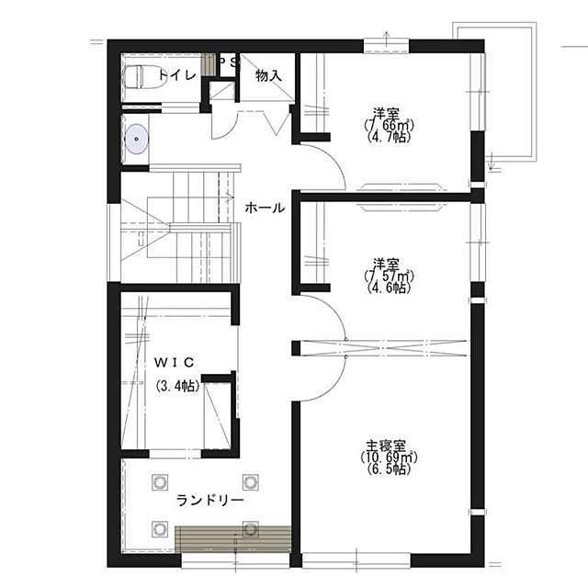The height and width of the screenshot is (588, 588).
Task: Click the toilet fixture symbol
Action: click(144, 77)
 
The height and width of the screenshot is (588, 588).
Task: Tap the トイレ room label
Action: click(177, 75)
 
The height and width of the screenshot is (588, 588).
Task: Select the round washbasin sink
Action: click(137, 139)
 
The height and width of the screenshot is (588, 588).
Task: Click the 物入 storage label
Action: click(268, 76)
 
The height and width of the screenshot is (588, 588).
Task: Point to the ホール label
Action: click(265, 208)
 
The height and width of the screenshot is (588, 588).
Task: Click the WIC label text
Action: click(175, 362)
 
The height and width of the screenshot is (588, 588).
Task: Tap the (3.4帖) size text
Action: click(177, 386)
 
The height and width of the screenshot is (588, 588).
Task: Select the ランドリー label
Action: click(210, 500)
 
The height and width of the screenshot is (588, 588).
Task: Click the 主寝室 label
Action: click(386, 447)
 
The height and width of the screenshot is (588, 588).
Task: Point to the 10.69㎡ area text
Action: click(389, 458)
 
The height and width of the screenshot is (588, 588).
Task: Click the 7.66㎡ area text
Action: click(389, 125)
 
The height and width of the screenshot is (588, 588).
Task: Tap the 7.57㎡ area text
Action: click(389, 276)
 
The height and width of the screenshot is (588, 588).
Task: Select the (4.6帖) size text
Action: click(388, 288)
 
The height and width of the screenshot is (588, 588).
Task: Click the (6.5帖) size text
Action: click(388, 469)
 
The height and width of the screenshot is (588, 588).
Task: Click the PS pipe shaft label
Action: click(228, 62)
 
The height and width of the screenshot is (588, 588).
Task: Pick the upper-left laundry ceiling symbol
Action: click(160, 482)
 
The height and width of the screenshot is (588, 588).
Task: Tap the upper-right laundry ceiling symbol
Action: click(250, 482)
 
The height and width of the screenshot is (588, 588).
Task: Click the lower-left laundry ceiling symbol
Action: click(160, 529)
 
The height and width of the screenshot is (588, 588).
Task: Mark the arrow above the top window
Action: click(387, 38)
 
